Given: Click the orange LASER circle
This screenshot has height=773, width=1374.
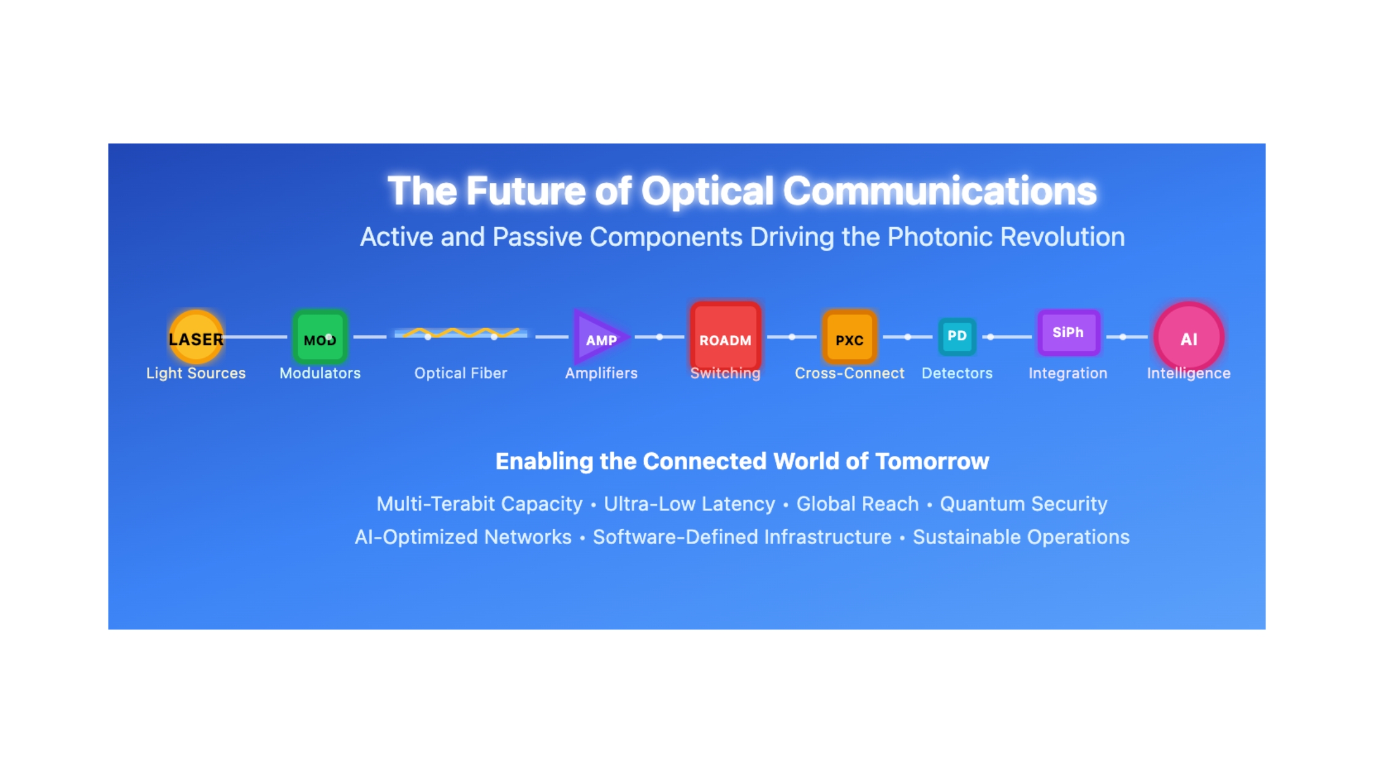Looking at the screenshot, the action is click(x=196, y=337).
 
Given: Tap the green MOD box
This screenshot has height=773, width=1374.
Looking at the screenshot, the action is click(x=320, y=337).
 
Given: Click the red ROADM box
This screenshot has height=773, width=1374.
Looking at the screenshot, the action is click(x=726, y=337).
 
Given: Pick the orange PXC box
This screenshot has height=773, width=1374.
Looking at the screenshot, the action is click(x=850, y=337).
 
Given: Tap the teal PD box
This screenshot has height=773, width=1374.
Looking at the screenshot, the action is click(x=957, y=336).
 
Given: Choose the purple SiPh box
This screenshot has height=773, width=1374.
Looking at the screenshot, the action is click(x=1068, y=333).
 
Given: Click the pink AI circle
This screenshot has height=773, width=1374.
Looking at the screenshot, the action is click(x=1189, y=337).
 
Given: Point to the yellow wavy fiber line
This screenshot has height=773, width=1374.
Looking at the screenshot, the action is click(x=461, y=333).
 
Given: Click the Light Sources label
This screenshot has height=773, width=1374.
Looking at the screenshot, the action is click(x=196, y=373).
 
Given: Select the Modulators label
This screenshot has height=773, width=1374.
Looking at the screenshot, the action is click(x=320, y=373).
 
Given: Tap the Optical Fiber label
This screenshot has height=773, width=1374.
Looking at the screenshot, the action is click(x=461, y=373).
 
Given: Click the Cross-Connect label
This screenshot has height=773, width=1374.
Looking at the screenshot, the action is click(x=850, y=373).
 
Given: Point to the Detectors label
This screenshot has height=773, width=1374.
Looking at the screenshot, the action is click(x=957, y=373).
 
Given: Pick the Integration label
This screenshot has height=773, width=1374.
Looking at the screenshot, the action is click(x=1068, y=373).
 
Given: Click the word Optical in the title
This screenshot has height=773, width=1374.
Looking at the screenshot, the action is click(x=707, y=191).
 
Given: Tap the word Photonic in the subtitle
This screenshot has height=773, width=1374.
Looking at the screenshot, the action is click(x=940, y=237).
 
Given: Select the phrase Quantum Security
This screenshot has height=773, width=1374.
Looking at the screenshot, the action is click(x=1024, y=504).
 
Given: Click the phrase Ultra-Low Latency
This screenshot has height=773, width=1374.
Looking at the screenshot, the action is click(x=689, y=504).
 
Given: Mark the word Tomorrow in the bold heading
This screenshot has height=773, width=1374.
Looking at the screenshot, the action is click(x=932, y=461).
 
